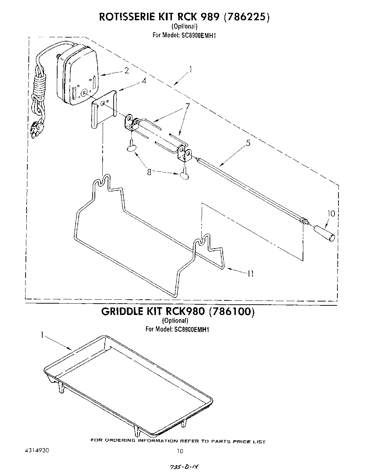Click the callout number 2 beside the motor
click(126, 70)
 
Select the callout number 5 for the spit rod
click(248, 143)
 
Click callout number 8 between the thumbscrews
click(150, 172)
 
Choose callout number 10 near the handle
click(331, 213)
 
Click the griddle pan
click(128, 384)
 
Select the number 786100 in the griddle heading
click(232, 311)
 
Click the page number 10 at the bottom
click(180, 451)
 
